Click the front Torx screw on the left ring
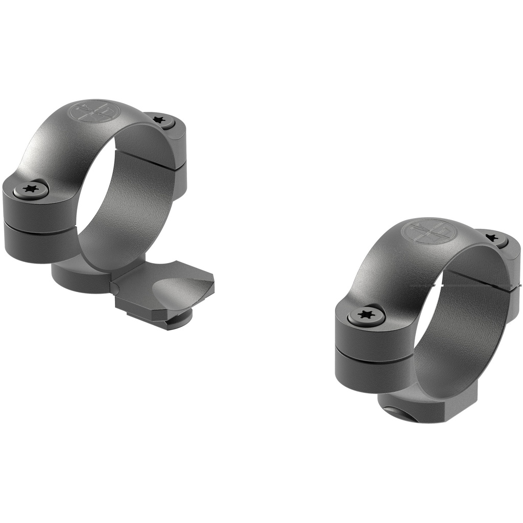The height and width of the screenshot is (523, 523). click(31, 190)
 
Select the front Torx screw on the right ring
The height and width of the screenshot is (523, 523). click(366, 314)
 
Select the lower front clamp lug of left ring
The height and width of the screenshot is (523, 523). click(38, 245)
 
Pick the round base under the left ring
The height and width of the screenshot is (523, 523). click(77, 278)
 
